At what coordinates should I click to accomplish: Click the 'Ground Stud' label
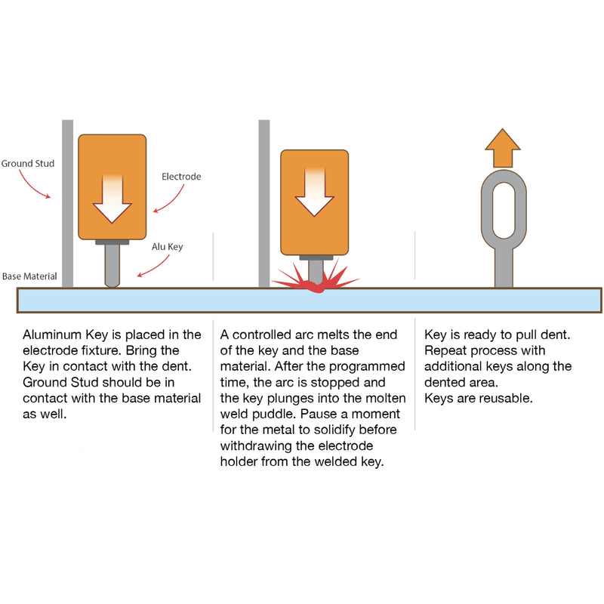pyautogui.click(x=27, y=162)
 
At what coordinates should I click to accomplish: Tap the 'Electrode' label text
pyautogui.click(x=181, y=177)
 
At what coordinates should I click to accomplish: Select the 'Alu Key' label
pyautogui.click(x=168, y=246)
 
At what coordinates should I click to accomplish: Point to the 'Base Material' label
pyautogui.click(x=29, y=276)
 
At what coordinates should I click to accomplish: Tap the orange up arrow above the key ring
pyautogui.click(x=503, y=148)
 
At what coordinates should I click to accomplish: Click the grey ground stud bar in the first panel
pyautogui.click(x=67, y=204)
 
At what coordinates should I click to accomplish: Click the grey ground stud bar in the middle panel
pyautogui.click(x=263, y=204)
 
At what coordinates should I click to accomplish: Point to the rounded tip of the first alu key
pyautogui.click(x=112, y=282)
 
